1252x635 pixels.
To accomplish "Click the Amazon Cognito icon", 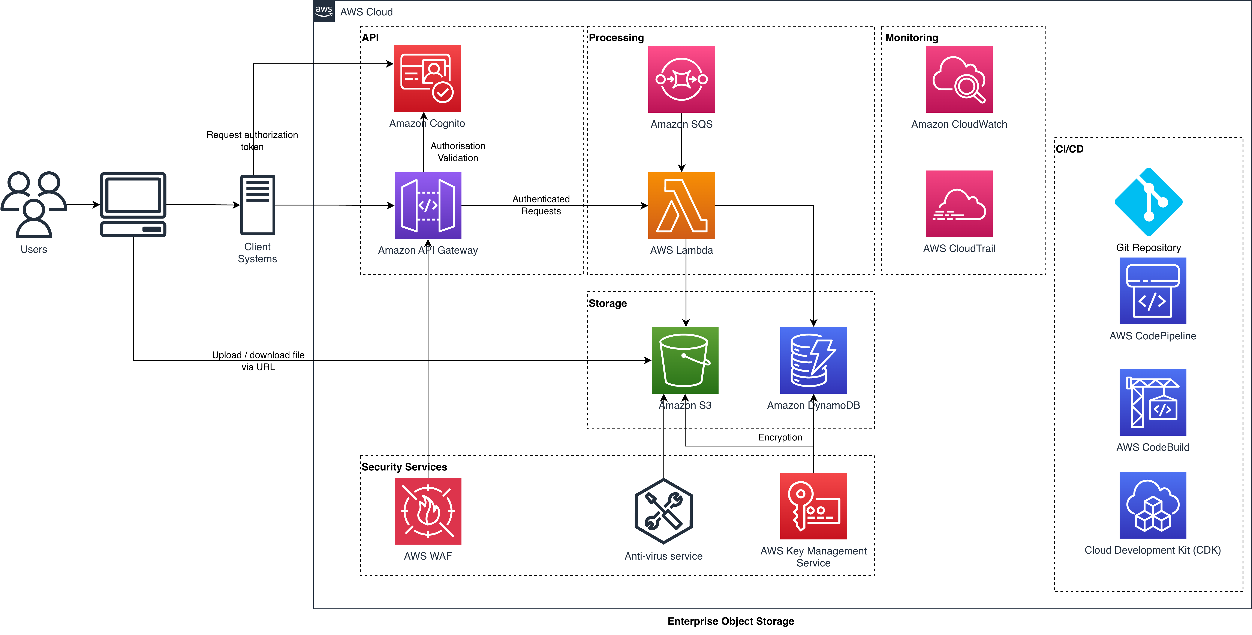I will [x=427, y=78].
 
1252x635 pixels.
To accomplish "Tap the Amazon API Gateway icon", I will [x=428, y=205].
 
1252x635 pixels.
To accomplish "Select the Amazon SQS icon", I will [x=681, y=79].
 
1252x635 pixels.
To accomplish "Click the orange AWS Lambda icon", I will [x=681, y=205].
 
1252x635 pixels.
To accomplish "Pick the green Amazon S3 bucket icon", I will [x=685, y=360].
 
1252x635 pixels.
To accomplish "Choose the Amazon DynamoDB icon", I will [x=813, y=360].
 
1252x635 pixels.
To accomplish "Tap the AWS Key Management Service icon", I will [x=813, y=506].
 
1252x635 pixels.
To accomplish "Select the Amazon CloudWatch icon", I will [x=959, y=79].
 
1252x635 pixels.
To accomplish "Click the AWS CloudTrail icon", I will [x=959, y=204].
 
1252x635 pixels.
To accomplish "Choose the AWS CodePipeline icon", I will [x=1153, y=291].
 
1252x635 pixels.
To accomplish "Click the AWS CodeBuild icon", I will [x=1153, y=402].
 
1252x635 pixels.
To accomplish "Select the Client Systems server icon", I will [x=258, y=205].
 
